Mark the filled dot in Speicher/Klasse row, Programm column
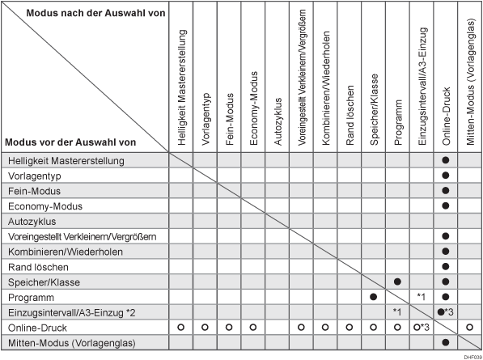(397, 282)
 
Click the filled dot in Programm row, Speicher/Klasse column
(373, 297)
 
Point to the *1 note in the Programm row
(422, 297)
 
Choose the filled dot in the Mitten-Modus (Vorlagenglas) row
(446, 342)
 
